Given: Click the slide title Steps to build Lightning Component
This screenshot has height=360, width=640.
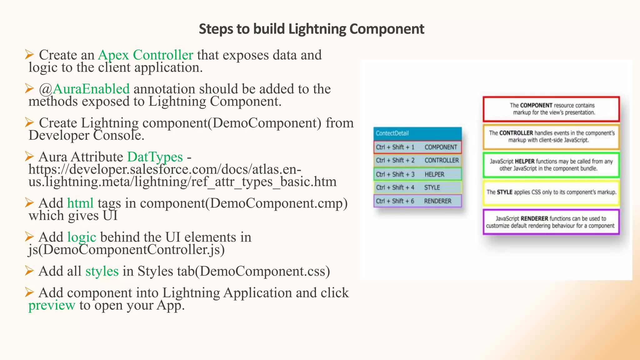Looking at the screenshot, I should click(311, 29).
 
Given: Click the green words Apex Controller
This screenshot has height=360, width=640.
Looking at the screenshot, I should click(145, 55).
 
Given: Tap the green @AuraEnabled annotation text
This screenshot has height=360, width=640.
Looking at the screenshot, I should click(84, 89).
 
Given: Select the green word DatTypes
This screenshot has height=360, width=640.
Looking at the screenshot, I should click(155, 157).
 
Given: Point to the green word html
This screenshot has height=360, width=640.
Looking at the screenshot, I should click(80, 203).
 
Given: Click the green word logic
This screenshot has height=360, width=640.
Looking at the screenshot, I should click(82, 237).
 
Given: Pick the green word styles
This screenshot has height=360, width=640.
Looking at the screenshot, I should click(102, 271).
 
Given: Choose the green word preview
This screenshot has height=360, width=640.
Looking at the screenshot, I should click(52, 305).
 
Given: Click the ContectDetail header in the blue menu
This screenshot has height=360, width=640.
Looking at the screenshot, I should click(417, 133).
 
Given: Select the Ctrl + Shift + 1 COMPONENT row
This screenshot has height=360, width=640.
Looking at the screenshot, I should click(417, 147).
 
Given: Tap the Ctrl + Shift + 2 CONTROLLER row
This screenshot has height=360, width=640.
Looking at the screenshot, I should click(417, 161).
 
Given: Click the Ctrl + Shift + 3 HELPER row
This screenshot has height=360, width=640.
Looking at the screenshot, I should click(417, 174).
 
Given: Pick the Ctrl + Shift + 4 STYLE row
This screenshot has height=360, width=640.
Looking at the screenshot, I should click(417, 187).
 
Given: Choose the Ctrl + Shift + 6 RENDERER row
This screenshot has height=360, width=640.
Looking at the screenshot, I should click(417, 201).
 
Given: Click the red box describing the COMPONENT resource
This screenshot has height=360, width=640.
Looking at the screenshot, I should click(551, 109).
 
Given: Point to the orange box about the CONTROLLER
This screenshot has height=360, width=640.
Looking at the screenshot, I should click(551, 137).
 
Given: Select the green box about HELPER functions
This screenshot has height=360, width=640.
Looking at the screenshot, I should click(551, 165).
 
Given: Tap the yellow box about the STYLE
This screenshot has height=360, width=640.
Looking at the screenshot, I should click(551, 192).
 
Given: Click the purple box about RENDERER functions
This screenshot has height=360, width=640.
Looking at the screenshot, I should click(551, 222).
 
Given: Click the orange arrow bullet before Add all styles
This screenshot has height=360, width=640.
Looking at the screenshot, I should click(29, 271).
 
